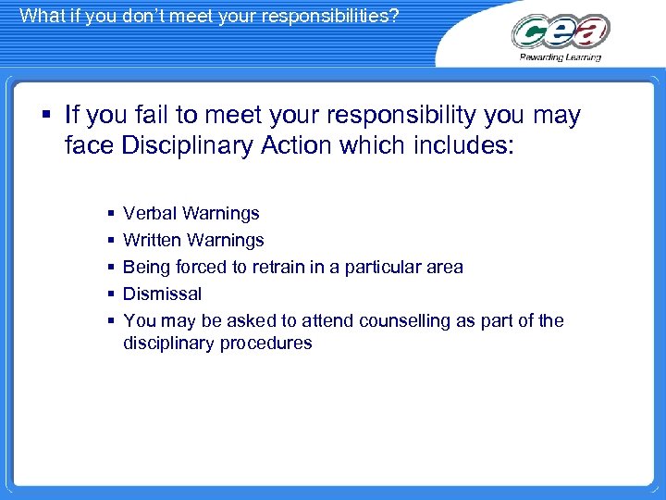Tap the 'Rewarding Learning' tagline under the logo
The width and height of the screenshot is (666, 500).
point(561,57)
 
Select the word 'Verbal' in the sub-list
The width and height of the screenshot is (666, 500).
point(150,214)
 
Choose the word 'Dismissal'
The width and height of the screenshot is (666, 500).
point(162,294)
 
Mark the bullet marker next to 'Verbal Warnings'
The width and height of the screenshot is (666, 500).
point(110,214)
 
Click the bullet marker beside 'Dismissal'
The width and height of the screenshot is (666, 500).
point(110,294)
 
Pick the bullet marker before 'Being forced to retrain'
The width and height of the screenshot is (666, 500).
point(110,268)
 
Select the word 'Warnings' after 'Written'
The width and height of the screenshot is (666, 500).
point(226,241)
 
